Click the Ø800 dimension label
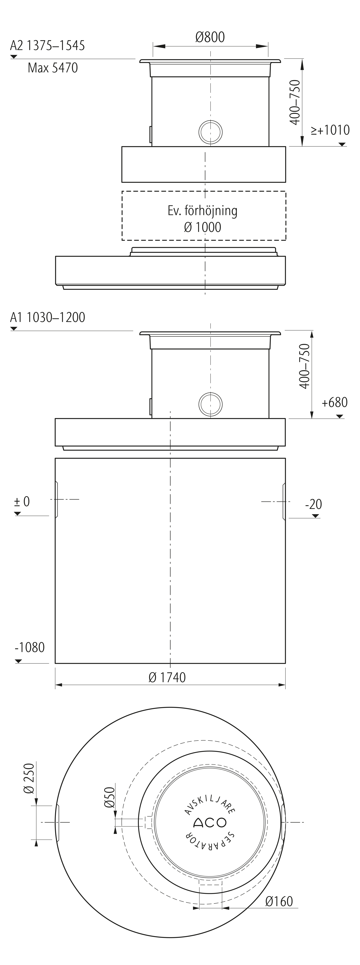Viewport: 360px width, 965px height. coord(210,37)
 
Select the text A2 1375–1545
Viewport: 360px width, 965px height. coord(47,45)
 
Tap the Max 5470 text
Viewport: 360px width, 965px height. coord(53,68)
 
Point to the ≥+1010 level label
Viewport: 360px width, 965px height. coord(330,130)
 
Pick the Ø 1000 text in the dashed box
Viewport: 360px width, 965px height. coord(202,227)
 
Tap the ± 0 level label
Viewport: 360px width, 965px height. coord(22,501)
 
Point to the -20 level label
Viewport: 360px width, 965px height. coord(314,504)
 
